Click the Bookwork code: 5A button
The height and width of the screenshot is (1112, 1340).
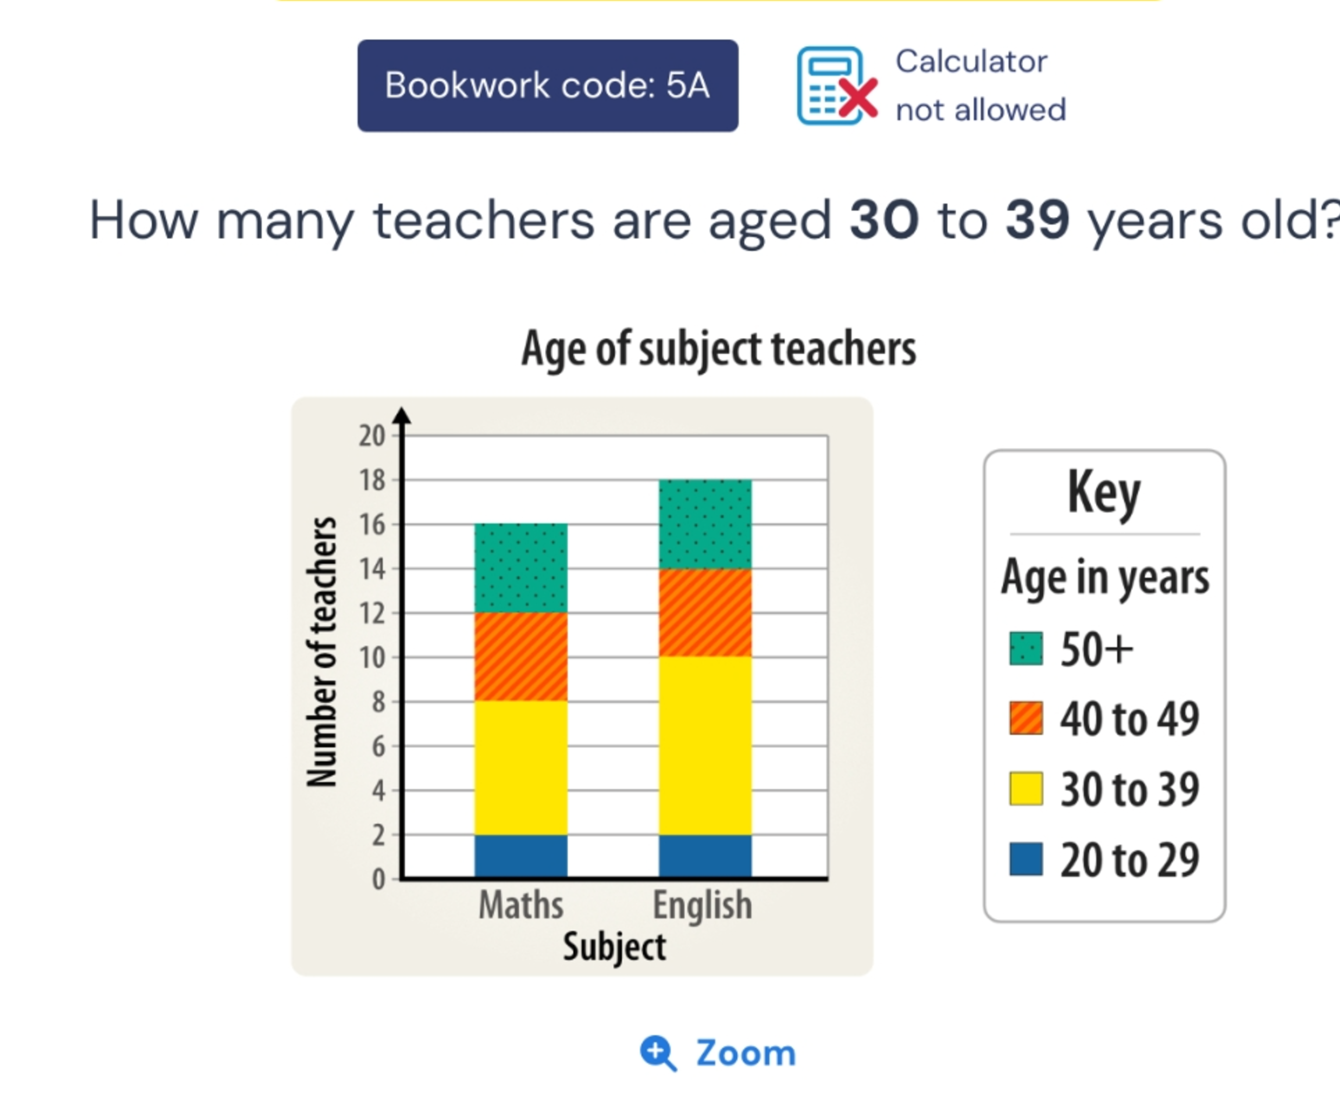coord(548,85)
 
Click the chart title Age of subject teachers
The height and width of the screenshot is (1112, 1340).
coord(719,349)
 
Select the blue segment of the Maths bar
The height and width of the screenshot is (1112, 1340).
coord(521,856)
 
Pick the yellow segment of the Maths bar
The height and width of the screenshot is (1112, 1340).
coord(521,768)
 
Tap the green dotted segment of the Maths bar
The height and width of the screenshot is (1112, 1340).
coord(521,568)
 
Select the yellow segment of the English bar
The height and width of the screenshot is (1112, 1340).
coord(705,746)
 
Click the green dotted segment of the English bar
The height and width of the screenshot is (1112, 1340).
coord(705,524)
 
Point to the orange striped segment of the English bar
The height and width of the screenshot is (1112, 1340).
coord(705,612)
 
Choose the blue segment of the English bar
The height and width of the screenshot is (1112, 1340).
coord(705,856)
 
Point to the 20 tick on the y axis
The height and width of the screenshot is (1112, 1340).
coord(372,436)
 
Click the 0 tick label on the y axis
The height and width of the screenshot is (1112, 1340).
coord(378,879)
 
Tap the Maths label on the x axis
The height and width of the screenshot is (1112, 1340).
coord(521,905)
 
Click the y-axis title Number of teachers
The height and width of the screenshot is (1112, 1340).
coord(322,652)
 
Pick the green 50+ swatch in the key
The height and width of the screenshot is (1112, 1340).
coord(1026,649)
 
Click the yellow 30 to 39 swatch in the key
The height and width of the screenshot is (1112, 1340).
coord(1026,788)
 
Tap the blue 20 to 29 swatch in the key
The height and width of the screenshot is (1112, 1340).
coord(1026,859)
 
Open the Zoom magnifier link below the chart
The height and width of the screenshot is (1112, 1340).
coord(719,1053)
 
